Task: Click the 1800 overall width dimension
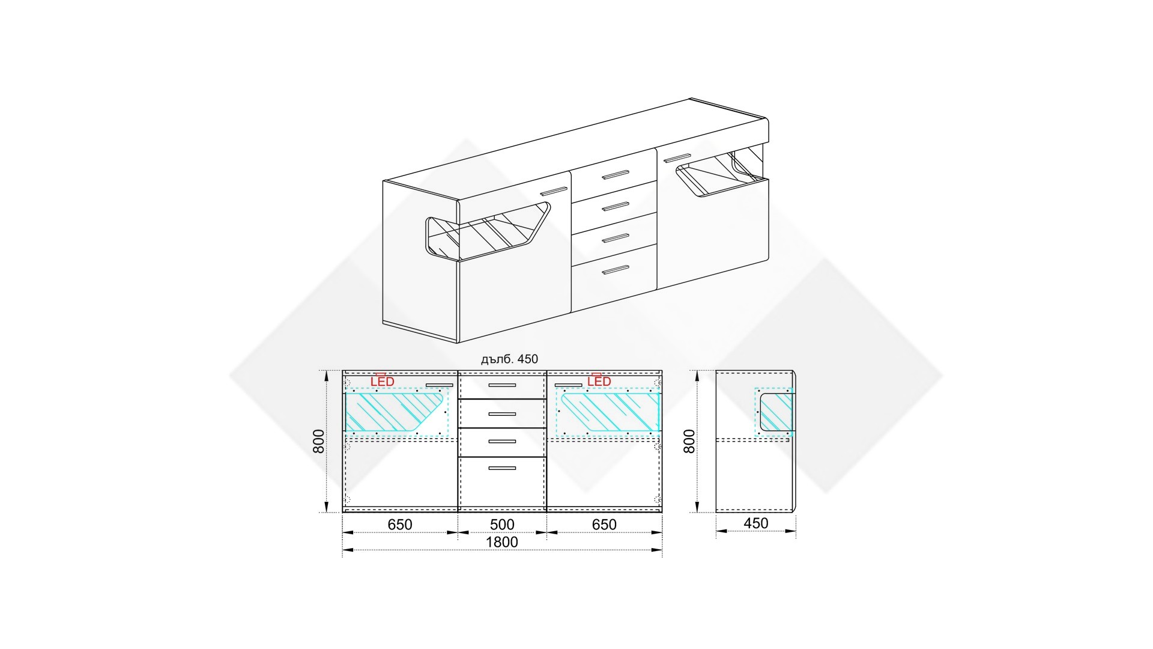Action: coord(501,542)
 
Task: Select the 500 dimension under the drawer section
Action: coord(502,525)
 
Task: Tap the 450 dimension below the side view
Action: coord(755,523)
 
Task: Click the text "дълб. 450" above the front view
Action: coord(509,359)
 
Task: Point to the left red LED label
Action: coord(383,382)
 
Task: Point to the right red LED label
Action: coord(599,382)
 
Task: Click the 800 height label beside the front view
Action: coord(319,441)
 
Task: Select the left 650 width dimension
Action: coord(400,525)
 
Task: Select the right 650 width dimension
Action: coord(604,525)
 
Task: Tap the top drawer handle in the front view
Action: coord(502,385)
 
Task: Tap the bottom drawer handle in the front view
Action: coord(502,468)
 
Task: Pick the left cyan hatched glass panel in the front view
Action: coord(395,413)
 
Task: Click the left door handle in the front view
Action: coord(439,385)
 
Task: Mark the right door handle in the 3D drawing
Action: coord(676,158)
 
